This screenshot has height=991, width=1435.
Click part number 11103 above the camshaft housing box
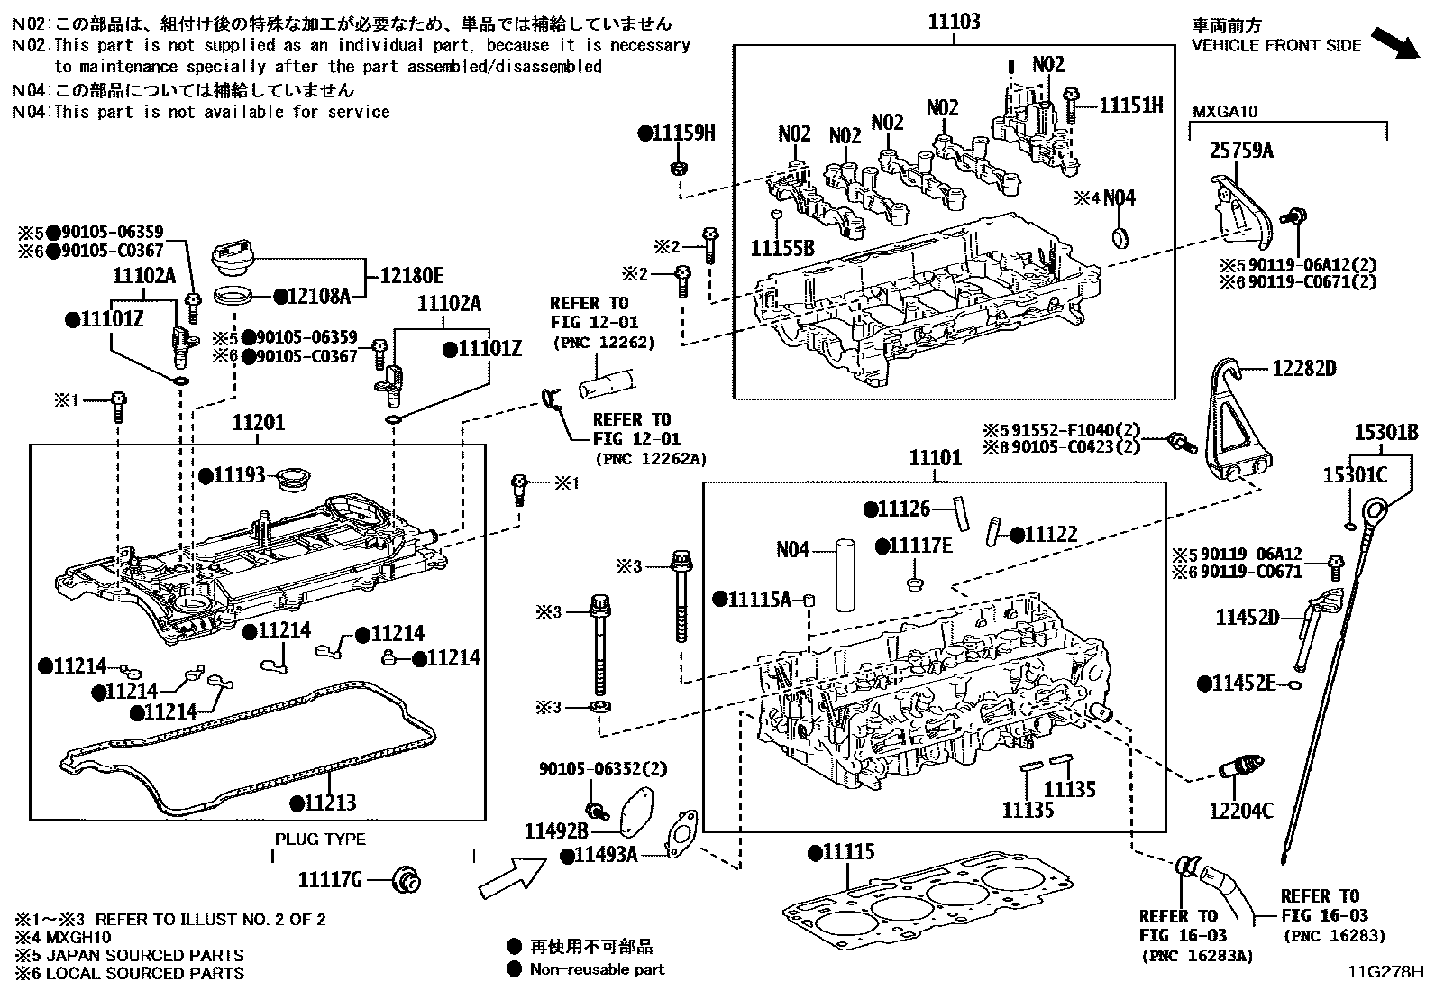954,21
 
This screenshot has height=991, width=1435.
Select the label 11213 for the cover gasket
329,803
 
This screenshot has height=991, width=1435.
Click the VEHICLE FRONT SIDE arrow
1393,42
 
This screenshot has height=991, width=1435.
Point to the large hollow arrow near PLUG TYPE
510,876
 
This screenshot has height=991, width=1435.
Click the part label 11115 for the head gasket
847,852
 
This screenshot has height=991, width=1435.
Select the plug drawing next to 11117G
408,879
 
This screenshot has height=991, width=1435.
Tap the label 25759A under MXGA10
1240,151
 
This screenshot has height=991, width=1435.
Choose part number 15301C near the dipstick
1355,474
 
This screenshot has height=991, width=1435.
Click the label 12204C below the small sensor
1241,811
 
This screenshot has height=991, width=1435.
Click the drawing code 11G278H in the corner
1385,972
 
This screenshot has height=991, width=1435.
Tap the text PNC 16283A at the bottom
1196,955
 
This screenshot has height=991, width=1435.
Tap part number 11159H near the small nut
682,133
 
